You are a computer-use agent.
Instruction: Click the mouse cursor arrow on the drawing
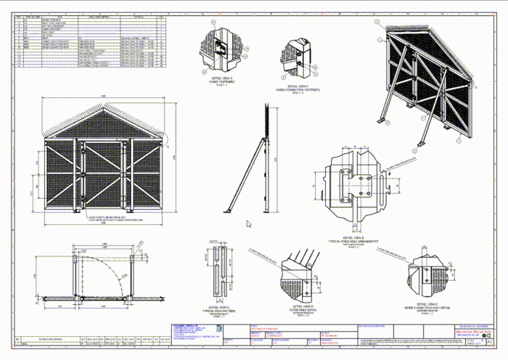(x=249, y=225)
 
